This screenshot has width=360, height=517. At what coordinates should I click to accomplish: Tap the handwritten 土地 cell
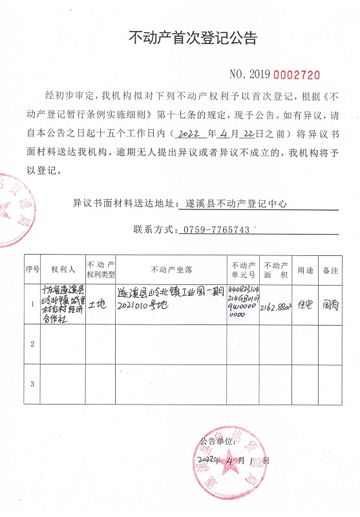click(100, 302)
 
